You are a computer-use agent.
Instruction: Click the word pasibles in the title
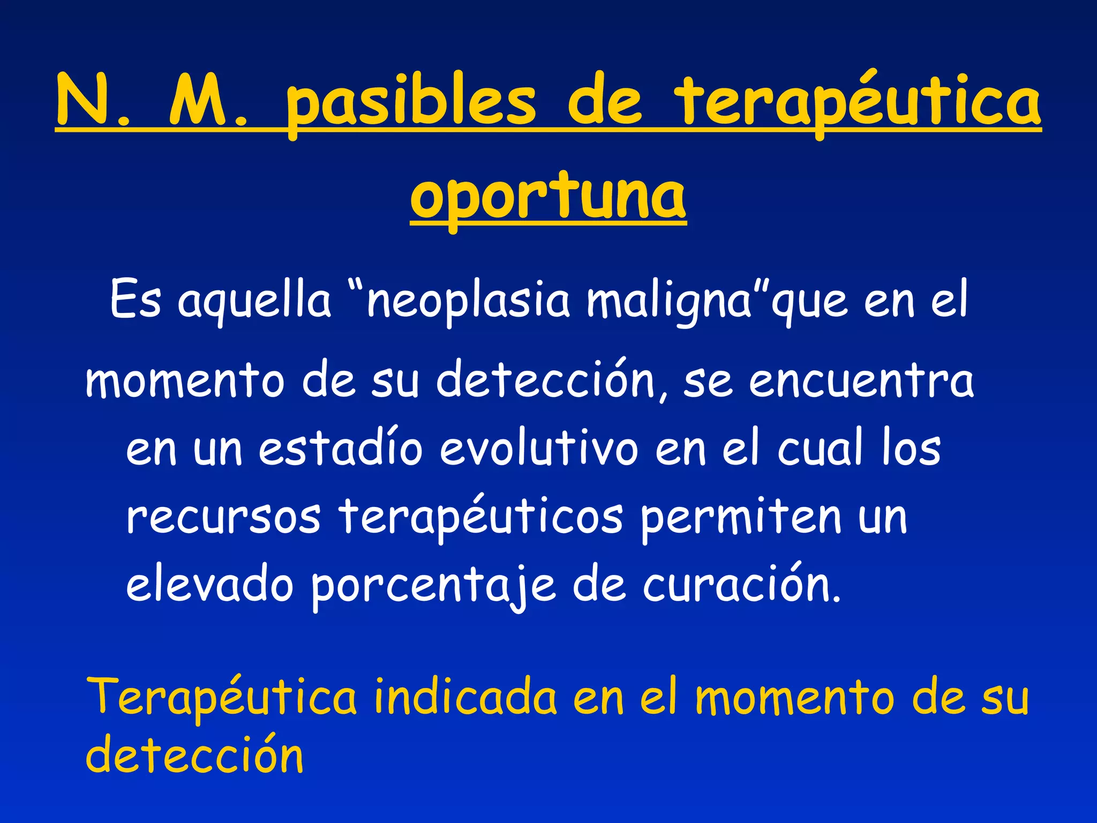click(x=410, y=102)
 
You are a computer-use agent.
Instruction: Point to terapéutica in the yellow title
click(x=857, y=102)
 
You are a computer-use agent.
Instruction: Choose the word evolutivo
click(x=539, y=449)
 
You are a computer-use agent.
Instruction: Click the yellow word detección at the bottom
click(x=194, y=755)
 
